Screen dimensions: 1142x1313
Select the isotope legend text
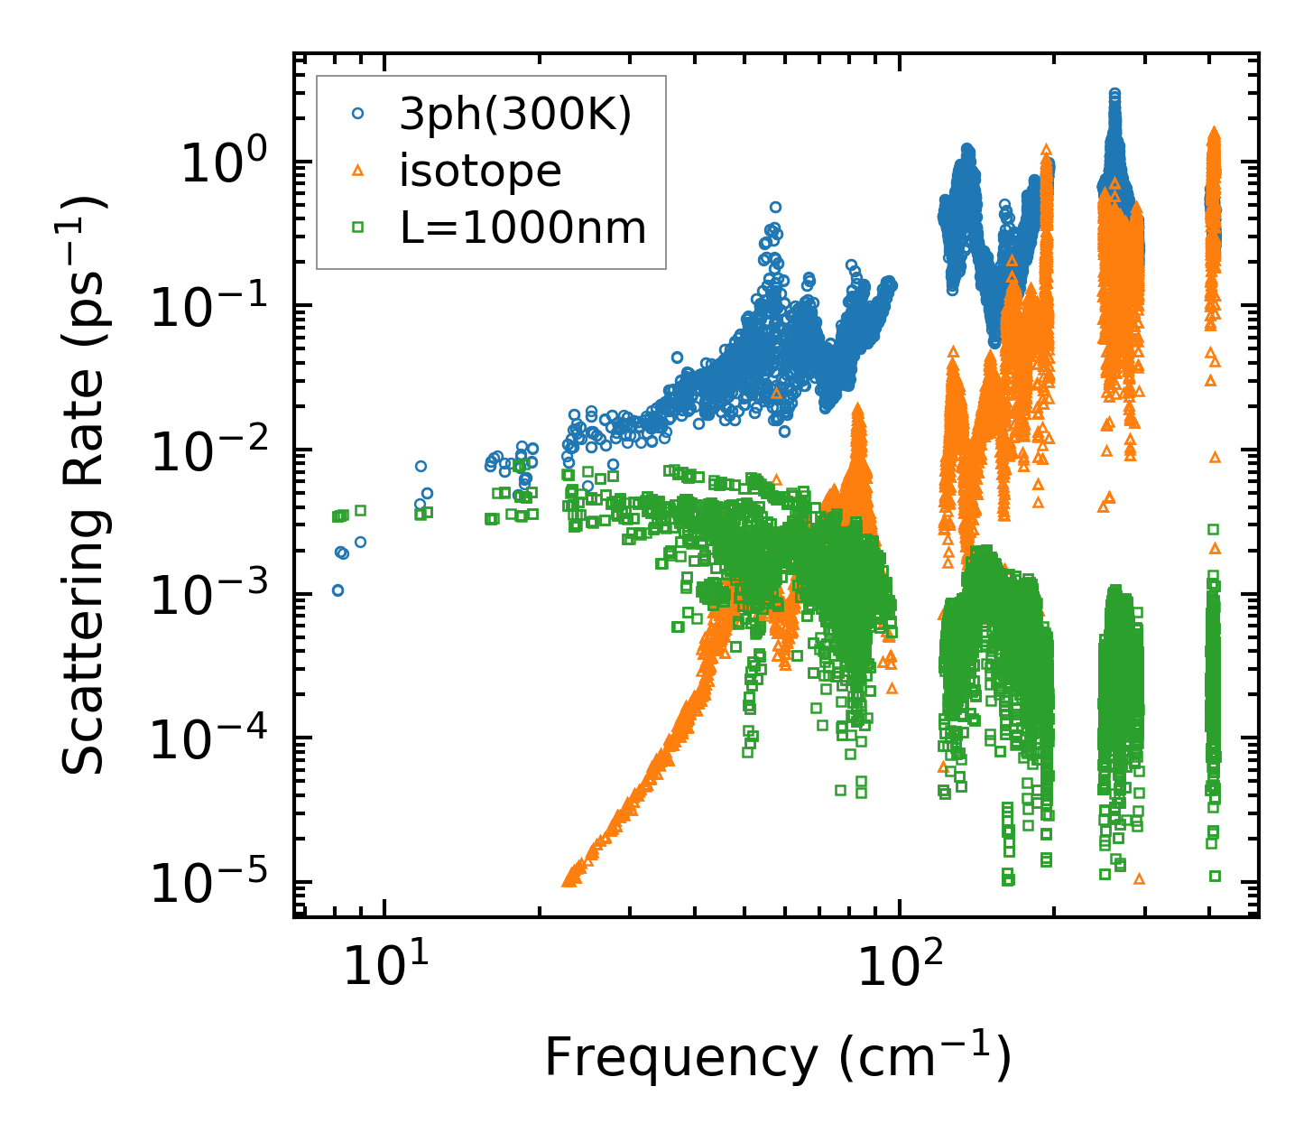[480, 171]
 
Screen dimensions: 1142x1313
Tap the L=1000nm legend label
[523, 228]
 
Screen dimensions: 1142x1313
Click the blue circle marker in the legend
[358, 114]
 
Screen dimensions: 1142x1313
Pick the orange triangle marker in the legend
[358, 171]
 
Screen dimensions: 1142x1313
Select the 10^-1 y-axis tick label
[212, 307]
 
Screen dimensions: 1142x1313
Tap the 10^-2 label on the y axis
[212, 451]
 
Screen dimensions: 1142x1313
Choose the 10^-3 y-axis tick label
[212, 595]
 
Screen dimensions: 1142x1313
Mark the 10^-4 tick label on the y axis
[212, 739]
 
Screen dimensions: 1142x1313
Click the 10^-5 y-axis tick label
[212, 883]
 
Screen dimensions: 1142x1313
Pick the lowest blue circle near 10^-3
[337, 590]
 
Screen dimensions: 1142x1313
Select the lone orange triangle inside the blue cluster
[777, 393]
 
